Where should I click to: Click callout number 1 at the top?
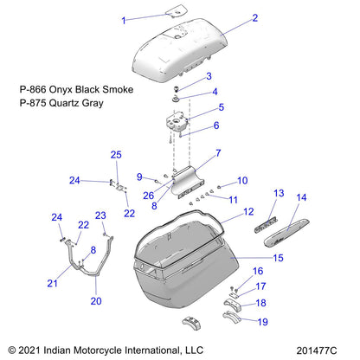[x=124, y=18]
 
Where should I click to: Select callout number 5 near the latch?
[x=221, y=107]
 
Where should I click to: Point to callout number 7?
[x=217, y=152]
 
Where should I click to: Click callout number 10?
[x=242, y=180]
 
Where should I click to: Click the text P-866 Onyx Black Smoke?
[x=76, y=89]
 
